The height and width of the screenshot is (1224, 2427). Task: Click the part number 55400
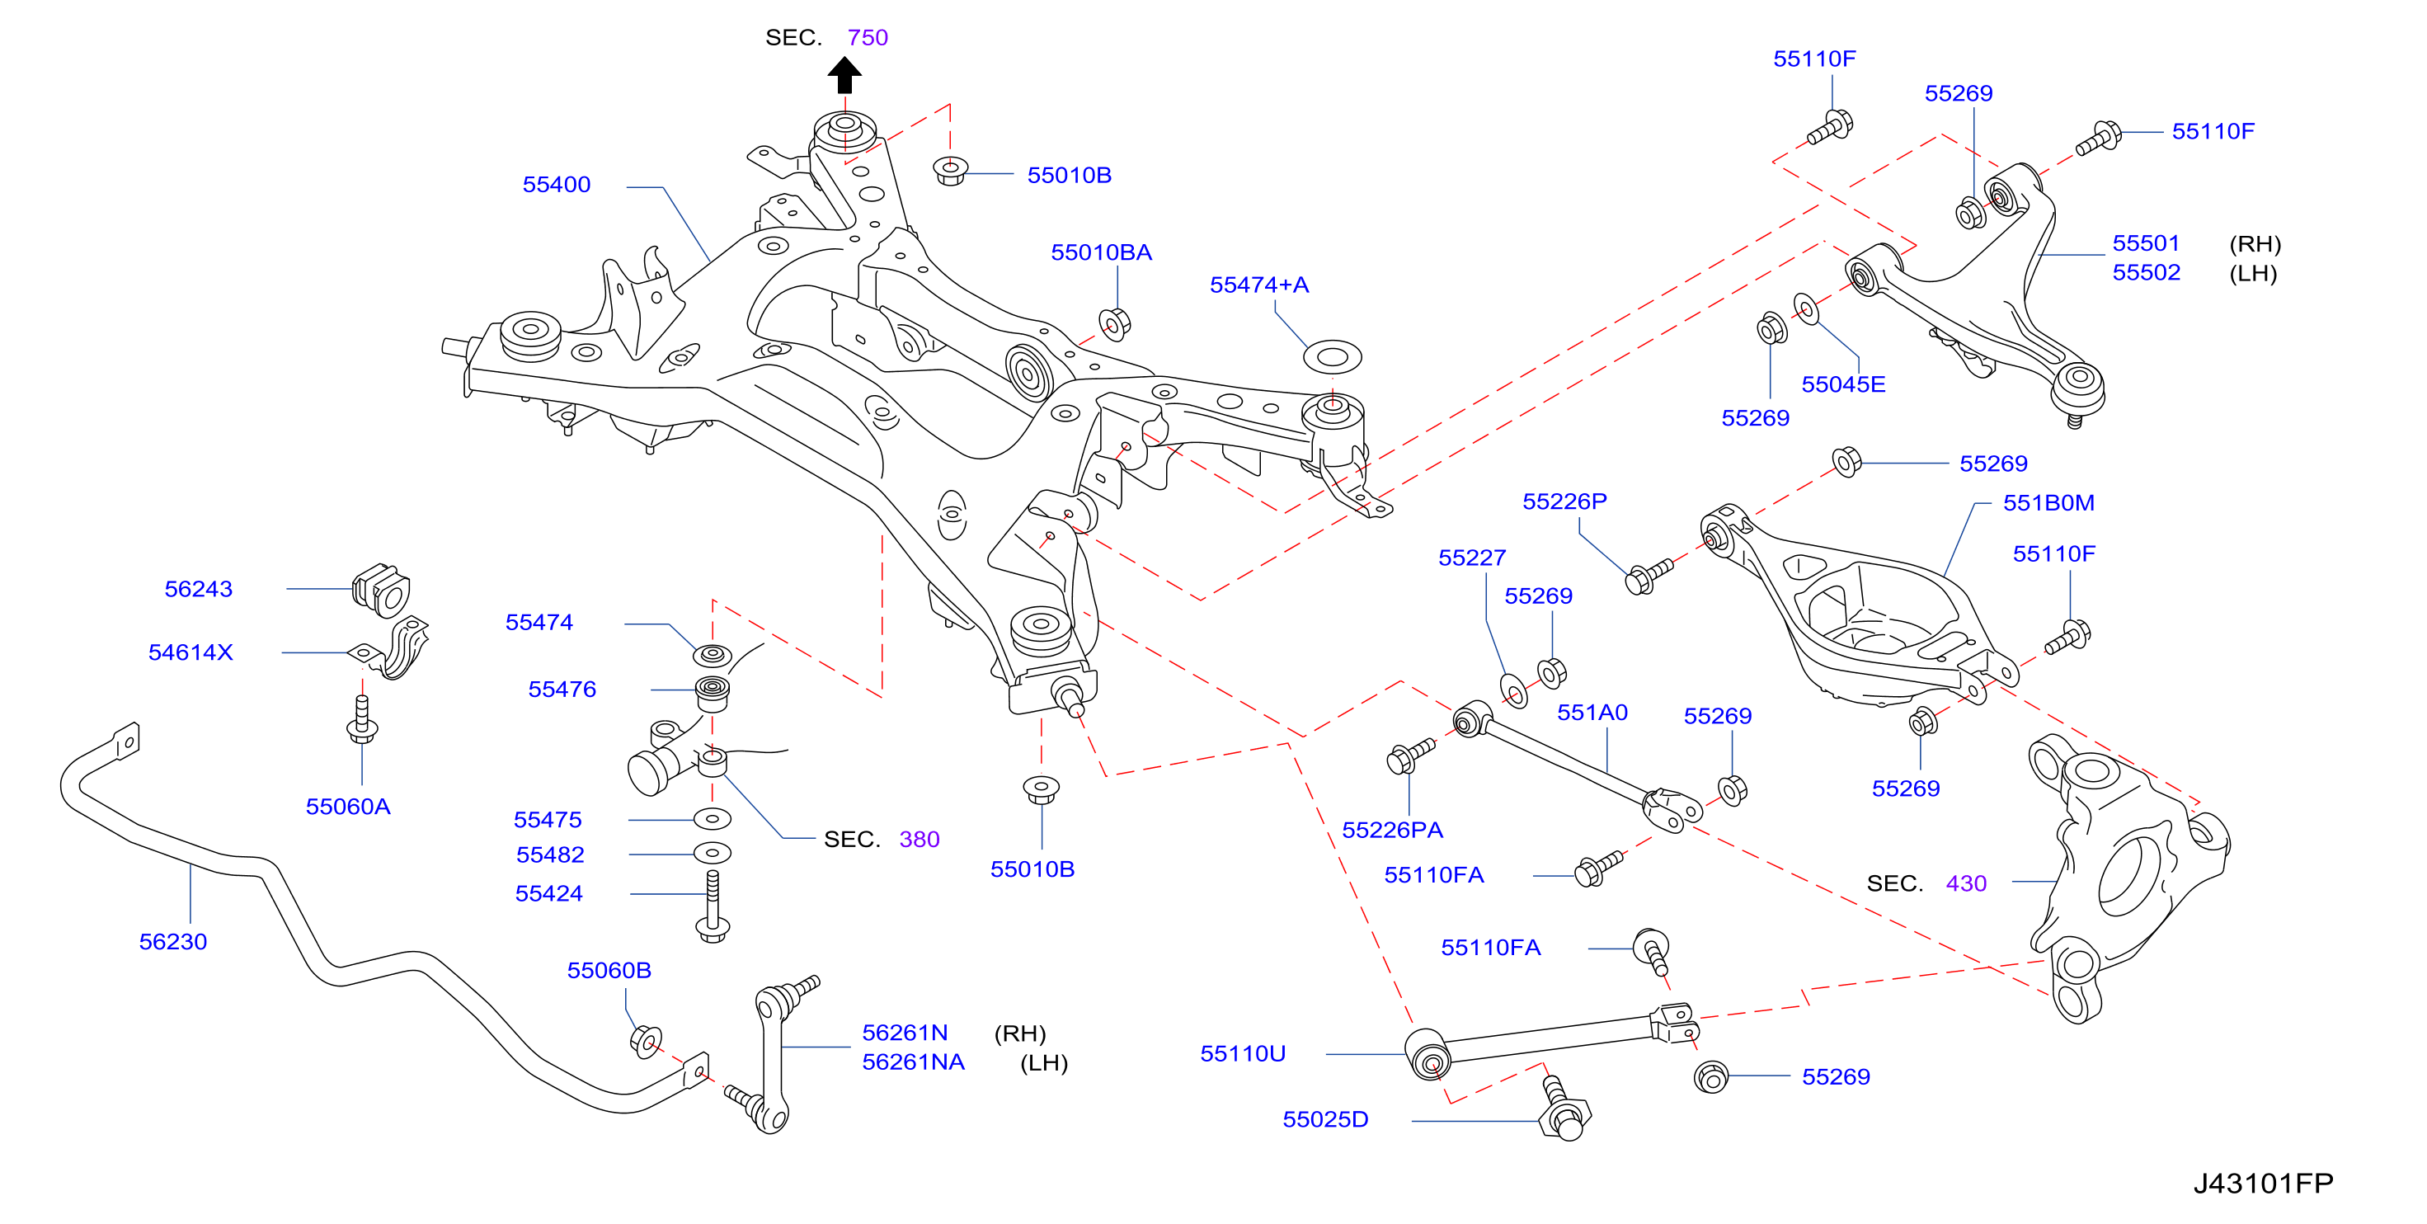556,185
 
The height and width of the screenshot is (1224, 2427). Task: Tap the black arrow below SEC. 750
844,75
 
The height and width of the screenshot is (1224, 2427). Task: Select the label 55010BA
1102,252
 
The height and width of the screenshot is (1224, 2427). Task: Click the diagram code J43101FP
2263,1184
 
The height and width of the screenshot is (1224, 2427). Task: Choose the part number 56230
172,941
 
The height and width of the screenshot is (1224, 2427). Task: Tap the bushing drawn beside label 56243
382,590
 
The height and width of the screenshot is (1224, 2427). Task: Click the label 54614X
190,652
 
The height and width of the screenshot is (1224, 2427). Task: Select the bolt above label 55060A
362,720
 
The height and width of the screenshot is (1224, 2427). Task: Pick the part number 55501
2147,243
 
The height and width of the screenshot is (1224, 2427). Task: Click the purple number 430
1966,883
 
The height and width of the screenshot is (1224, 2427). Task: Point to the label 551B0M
2048,503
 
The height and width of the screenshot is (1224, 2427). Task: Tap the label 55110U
1243,1053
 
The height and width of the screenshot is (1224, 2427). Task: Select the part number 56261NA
913,1062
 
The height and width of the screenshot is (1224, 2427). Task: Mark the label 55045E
1843,384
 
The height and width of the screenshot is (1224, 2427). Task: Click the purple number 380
919,839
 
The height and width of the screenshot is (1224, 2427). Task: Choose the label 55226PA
1393,830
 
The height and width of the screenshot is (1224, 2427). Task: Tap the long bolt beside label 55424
713,906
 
